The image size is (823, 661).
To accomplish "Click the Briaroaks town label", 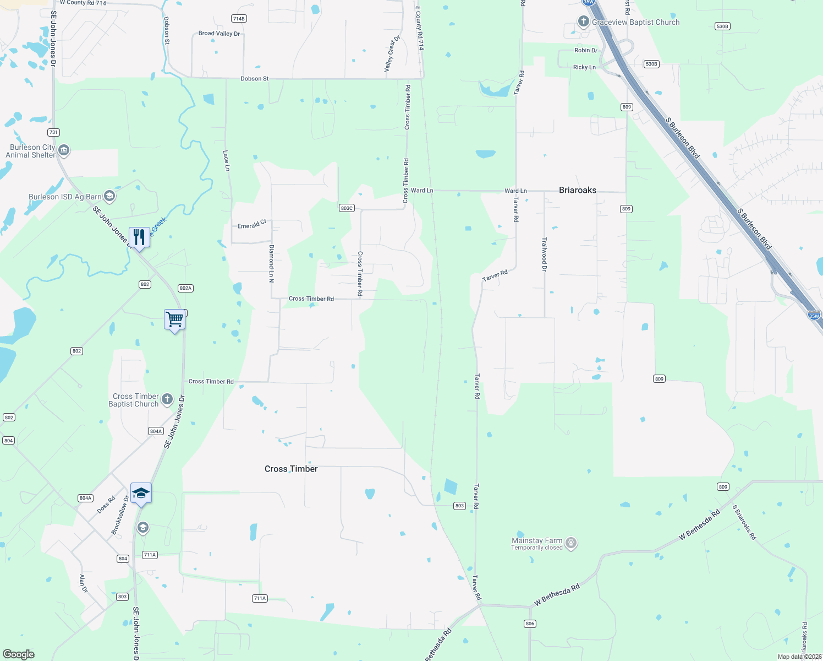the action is pos(577,190).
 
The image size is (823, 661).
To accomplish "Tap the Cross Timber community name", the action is pos(291,469).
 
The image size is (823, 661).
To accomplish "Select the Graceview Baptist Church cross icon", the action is pos(583,21).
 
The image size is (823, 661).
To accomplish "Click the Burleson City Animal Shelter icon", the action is pos(64,150).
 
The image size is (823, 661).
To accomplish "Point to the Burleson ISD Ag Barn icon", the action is pos(109,196).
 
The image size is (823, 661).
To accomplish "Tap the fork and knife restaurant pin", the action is pos(139,237).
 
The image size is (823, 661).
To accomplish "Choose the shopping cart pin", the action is pos(174,319).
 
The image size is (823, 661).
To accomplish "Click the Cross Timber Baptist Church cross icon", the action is pos(167,399).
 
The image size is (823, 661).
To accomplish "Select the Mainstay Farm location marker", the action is pos(571,543).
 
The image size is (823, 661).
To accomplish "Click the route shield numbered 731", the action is pos(53,132).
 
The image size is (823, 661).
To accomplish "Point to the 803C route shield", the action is pos(347,208).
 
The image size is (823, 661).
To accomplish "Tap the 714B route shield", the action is pos(238,19).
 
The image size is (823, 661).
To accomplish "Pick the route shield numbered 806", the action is pos(530,624).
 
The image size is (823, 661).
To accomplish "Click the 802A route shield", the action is pos(185,288).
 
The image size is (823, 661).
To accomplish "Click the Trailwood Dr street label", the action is pos(545,254).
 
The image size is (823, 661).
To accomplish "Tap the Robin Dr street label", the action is pos(585,50).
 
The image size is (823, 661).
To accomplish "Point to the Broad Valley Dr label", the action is pos(219,34).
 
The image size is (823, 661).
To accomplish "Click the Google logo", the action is pos(19,654).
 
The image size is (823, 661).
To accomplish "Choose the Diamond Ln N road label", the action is pos(271,264).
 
